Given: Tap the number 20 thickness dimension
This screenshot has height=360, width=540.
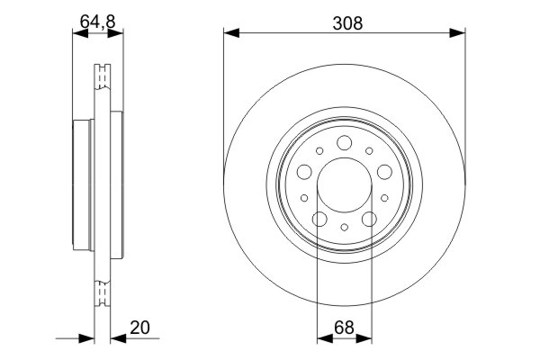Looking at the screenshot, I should coord(140,328).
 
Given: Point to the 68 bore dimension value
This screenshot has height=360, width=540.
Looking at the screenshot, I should coord(345,328).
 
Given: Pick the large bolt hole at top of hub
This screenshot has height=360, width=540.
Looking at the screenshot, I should coord(345,142).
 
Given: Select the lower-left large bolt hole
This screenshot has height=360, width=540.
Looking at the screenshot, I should coord(319,219).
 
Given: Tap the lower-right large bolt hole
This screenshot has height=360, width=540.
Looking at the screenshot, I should coord(370,219).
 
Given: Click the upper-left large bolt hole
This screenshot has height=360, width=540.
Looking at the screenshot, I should coord(304,172).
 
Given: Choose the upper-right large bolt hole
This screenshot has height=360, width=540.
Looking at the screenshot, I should coord(385,172).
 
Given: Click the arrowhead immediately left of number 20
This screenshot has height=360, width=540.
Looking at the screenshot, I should coord(117,339).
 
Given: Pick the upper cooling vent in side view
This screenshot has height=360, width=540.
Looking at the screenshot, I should coord(102,76).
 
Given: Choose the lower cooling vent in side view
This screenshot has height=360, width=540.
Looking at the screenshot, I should coord(102,290).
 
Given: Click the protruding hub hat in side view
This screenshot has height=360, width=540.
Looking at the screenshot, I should coord(83,185).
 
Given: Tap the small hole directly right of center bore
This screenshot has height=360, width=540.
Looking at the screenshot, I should coord(385,198).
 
